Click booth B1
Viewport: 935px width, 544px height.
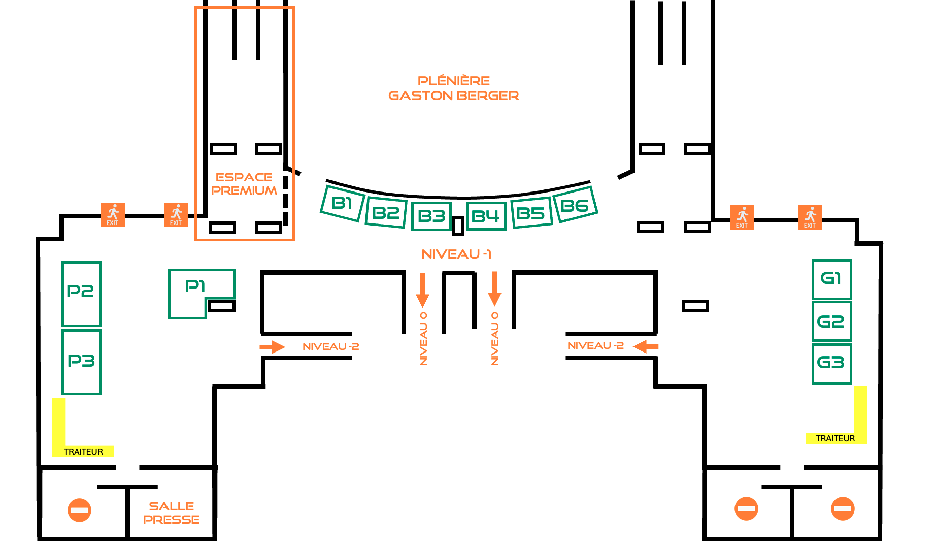click(x=343, y=203)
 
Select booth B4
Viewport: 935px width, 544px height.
click(x=486, y=216)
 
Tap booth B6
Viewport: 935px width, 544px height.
click(x=575, y=205)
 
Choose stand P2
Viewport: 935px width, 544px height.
click(x=81, y=294)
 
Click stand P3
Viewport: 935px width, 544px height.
click(x=81, y=362)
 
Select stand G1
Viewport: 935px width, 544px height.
click(x=831, y=279)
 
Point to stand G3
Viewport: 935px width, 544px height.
click(x=831, y=363)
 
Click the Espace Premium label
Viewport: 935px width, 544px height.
click(x=244, y=184)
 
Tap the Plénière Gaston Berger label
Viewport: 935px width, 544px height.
click(x=454, y=88)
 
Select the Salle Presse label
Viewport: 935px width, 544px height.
click(x=172, y=513)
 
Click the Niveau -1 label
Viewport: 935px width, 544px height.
click(x=456, y=254)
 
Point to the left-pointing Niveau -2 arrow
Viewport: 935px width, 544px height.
click(x=646, y=346)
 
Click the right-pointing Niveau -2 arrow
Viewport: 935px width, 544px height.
click(x=273, y=347)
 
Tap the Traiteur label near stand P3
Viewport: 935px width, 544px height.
click(x=83, y=452)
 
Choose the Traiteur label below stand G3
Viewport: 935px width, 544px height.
click(x=836, y=438)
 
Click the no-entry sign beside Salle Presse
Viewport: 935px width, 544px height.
click(x=79, y=509)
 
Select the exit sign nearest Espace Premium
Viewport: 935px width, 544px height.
click(x=176, y=215)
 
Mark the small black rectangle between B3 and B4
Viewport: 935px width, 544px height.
click(x=458, y=226)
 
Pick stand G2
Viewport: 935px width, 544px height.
click(x=831, y=322)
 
